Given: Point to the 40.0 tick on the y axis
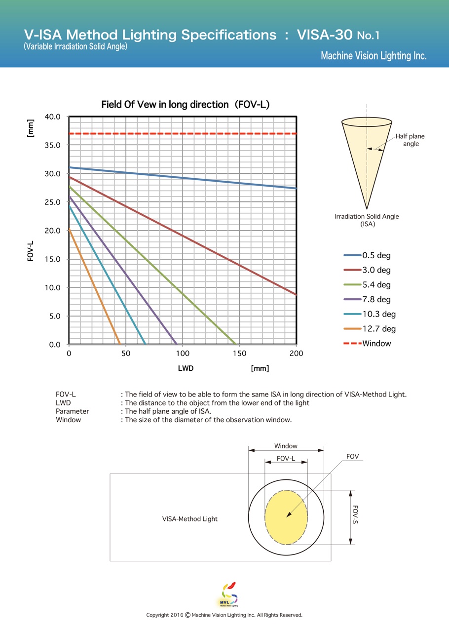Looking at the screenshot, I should coord(52,117).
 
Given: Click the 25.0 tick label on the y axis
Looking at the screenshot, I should coord(52,202).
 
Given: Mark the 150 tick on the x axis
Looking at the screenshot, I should coord(240,354).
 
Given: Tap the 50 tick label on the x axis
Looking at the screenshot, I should coord(126,354).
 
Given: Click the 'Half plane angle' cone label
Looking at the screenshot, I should coord(410,140).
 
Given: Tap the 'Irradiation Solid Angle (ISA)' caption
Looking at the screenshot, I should coord(367,220).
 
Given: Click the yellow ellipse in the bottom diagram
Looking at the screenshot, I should coord(286,517).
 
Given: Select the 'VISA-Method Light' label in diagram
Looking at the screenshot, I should coord(190,519).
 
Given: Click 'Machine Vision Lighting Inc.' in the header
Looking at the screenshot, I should coord(374,56).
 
